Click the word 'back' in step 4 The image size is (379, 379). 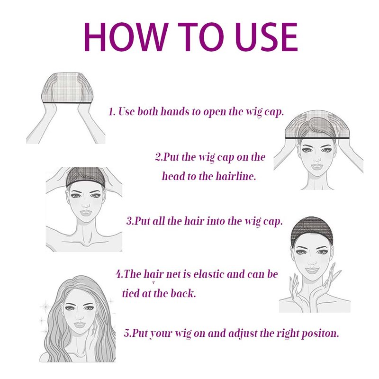[x=183, y=293]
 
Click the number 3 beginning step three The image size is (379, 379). [x=129, y=221]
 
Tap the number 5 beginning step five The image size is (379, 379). [x=126, y=334]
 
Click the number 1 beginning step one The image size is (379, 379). [x=111, y=112]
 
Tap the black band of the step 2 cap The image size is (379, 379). [x=317, y=138]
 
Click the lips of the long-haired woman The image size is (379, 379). [x=79, y=325]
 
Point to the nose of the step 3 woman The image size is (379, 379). [x=86, y=206]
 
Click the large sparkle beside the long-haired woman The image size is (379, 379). [x=45, y=307]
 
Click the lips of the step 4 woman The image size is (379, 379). [x=312, y=269]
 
